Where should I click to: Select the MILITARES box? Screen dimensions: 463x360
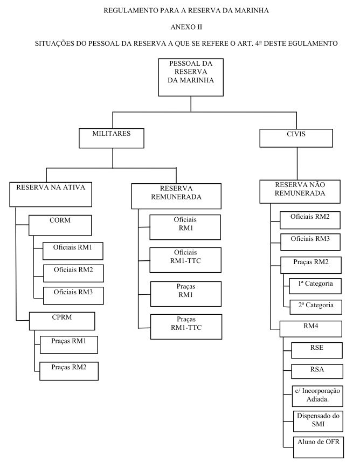112,138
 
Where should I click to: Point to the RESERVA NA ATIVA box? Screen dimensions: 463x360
45,191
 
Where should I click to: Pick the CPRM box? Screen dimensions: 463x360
61,321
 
